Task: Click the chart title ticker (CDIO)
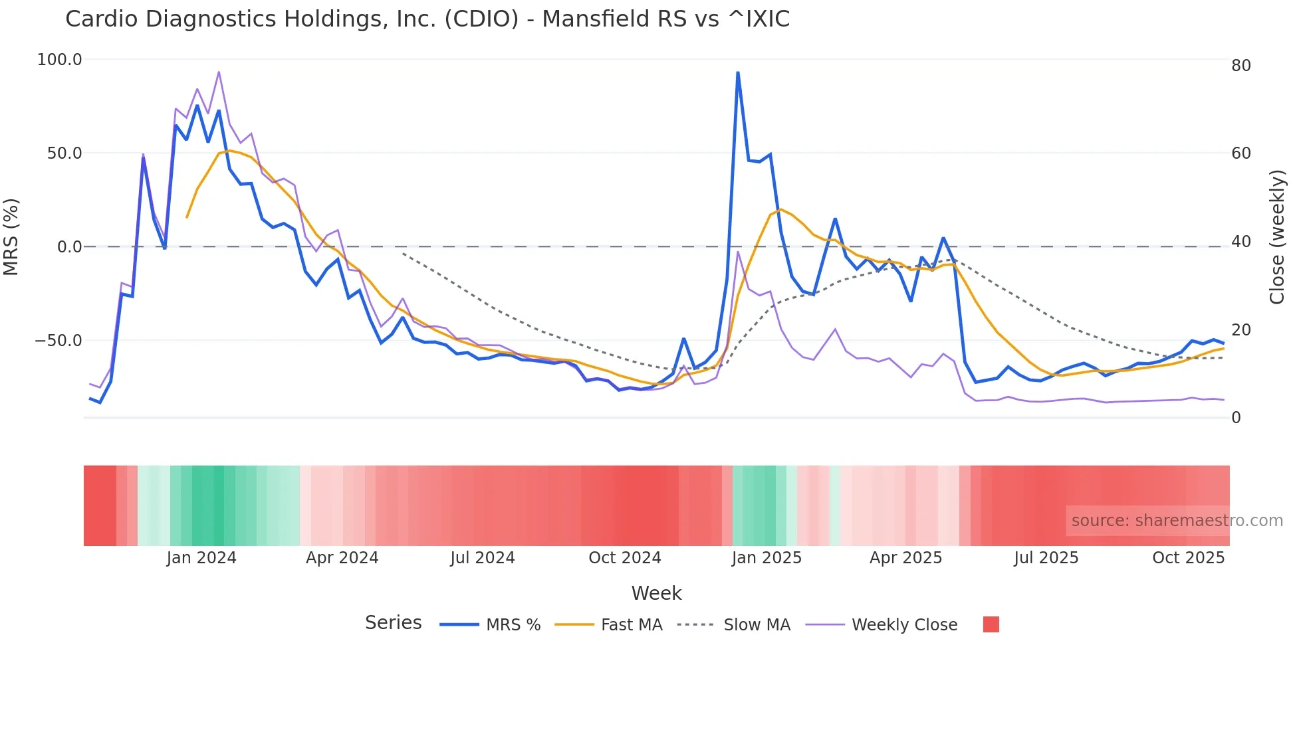[x=481, y=19]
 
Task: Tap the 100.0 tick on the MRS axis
[x=59, y=60]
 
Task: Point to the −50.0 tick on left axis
[x=58, y=341]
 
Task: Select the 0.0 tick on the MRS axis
[x=69, y=247]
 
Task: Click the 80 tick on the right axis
[x=1241, y=66]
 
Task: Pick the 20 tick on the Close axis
[x=1241, y=330]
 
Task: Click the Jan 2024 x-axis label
[x=201, y=558]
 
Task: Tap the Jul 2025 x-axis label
[x=1046, y=558]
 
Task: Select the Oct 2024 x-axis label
[x=624, y=558]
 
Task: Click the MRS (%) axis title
[x=11, y=237]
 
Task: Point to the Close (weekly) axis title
[x=1276, y=237]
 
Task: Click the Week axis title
[x=656, y=593]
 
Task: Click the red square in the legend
[x=991, y=624]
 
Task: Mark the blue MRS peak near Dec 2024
[x=738, y=72]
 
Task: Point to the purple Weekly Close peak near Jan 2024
[x=219, y=72]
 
